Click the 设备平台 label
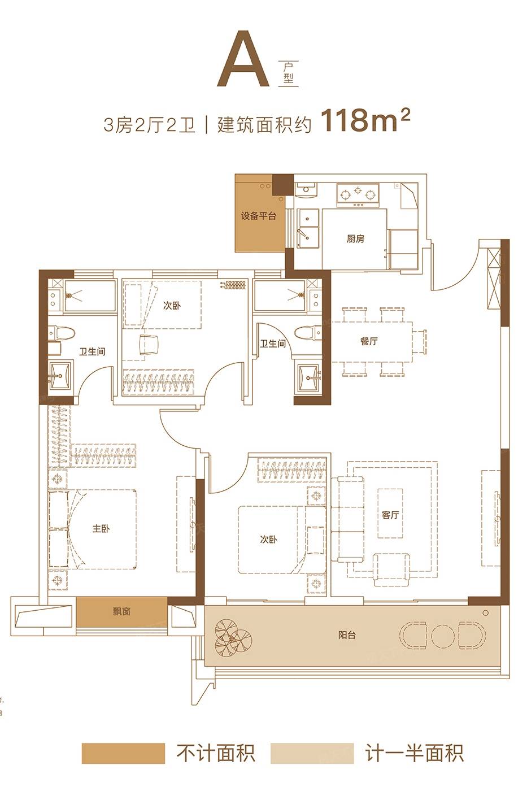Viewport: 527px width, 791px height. (x=258, y=216)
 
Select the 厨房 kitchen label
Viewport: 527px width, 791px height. (x=355, y=239)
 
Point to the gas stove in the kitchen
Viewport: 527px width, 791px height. (x=358, y=194)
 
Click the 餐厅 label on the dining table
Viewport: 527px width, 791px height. (x=369, y=341)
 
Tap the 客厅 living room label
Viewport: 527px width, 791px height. (x=390, y=515)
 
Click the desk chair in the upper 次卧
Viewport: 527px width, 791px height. (x=149, y=345)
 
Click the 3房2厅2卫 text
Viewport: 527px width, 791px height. (x=149, y=125)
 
